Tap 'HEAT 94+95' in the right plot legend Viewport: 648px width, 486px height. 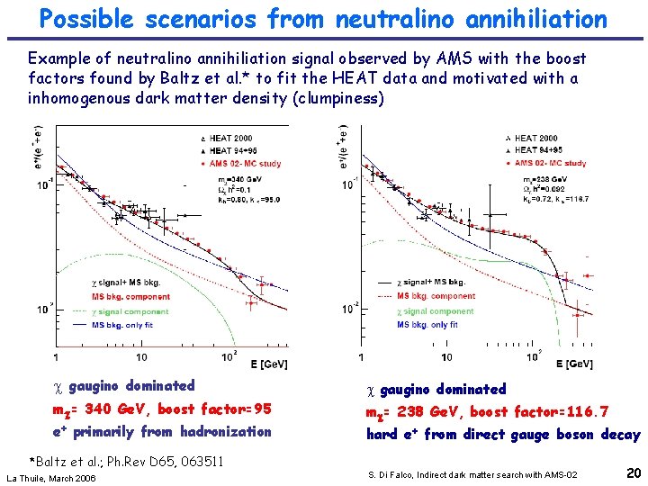point(537,150)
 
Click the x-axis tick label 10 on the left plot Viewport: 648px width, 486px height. point(141,356)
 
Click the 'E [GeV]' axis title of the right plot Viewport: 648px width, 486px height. point(572,363)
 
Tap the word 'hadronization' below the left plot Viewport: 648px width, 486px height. point(224,431)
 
